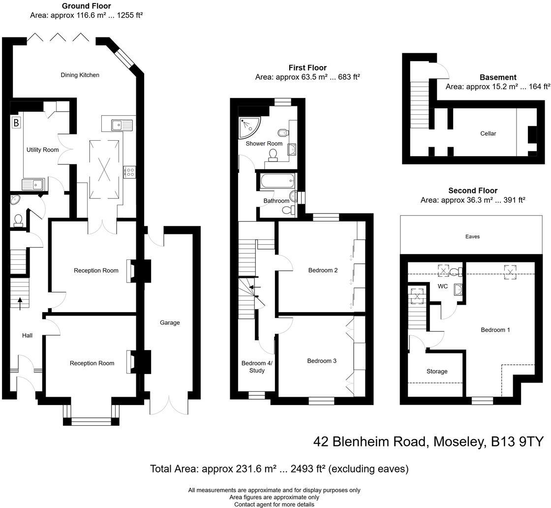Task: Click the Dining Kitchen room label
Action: point(80,75)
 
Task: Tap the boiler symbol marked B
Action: point(16,123)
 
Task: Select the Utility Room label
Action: point(42,150)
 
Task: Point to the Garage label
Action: point(170,323)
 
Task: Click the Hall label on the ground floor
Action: point(27,336)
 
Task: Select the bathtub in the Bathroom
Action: point(276,182)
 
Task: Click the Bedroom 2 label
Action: point(323,270)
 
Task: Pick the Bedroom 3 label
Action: point(322,361)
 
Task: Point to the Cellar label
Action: point(488,133)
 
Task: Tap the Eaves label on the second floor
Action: point(472,237)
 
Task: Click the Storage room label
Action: point(437,372)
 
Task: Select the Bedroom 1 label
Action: point(495,330)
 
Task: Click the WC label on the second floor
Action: point(443,286)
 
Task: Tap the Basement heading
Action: point(498,77)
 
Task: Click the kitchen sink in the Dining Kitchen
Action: point(118,125)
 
